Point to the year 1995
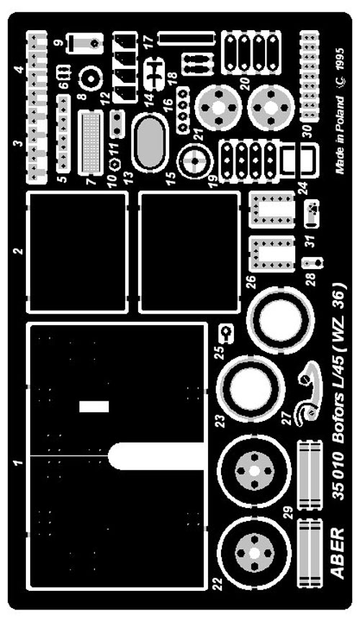pyautogui.click(x=339, y=59)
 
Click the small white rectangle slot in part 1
pyautogui.click(x=94, y=407)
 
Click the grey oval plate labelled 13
pyautogui.click(x=150, y=142)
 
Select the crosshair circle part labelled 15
pyautogui.click(x=195, y=160)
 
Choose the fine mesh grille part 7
pyautogui.click(x=91, y=142)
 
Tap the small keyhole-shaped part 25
pyautogui.click(x=227, y=333)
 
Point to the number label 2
pyautogui.click(x=19, y=250)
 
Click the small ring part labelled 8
pyautogui.click(x=91, y=79)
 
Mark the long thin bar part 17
pyautogui.click(x=186, y=39)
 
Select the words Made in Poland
pyautogui.click(x=339, y=135)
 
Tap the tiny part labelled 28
pyautogui.click(x=312, y=262)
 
